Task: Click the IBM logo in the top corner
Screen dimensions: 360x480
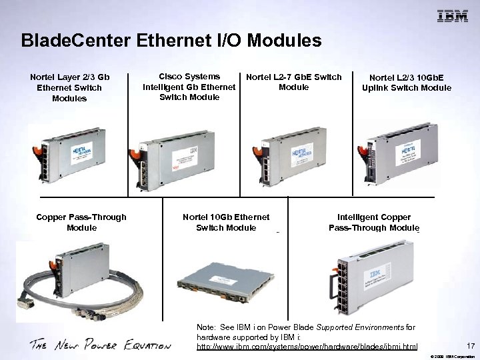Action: point(452,17)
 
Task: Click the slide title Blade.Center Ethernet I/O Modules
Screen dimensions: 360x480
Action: point(171,41)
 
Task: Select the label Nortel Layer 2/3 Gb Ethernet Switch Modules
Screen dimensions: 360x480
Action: point(69,88)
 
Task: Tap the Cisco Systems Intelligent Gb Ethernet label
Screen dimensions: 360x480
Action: point(189,87)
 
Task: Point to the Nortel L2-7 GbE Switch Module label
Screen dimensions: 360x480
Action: point(293,82)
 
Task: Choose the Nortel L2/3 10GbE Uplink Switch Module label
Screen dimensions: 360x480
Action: point(406,83)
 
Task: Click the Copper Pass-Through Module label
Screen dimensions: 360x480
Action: point(81,223)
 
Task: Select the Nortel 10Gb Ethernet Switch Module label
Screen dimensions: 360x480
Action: point(226,223)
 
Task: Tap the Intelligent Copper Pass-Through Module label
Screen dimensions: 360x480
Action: point(373,223)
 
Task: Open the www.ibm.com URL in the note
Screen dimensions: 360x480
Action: point(307,347)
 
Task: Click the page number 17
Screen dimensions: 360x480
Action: point(471,346)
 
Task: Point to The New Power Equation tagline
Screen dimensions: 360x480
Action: point(100,345)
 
